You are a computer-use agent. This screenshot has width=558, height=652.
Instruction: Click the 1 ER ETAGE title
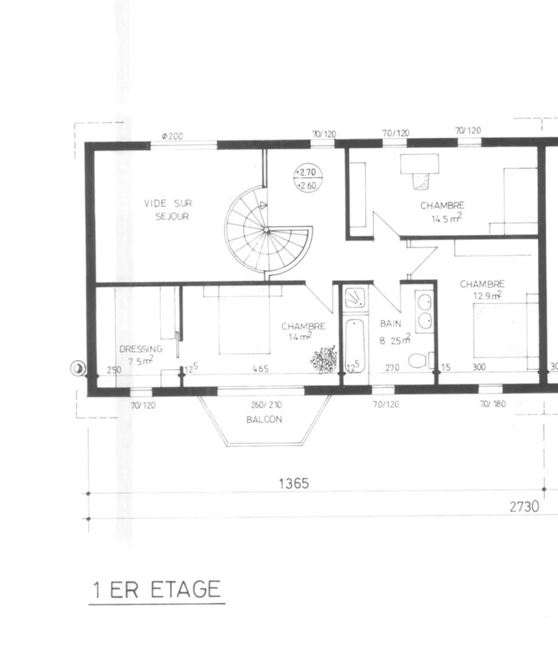[x=157, y=590]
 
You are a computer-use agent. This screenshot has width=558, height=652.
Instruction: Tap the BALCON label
[x=264, y=420]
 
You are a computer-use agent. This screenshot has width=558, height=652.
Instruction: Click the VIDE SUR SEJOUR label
[x=168, y=210]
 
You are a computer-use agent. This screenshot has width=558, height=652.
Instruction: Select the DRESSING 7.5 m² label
[x=141, y=355]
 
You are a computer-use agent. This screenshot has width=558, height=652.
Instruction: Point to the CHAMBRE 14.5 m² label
[x=443, y=212]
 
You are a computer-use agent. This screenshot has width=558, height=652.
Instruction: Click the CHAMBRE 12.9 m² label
[x=483, y=290]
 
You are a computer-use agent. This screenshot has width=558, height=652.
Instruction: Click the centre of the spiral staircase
[x=266, y=230]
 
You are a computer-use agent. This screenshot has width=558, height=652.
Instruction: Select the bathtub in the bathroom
[x=355, y=345]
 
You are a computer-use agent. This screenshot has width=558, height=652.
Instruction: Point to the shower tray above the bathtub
[x=355, y=298]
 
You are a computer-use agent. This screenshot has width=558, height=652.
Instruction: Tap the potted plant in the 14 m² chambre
[x=324, y=360]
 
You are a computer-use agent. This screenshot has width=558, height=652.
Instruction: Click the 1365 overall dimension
[x=294, y=484]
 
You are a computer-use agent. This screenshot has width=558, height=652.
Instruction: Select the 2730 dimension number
[x=524, y=506]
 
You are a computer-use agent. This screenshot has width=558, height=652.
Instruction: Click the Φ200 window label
[x=172, y=136]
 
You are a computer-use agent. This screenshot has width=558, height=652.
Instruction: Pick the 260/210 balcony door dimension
[x=267, y=405]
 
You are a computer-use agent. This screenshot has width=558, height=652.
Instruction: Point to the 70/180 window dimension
[x=493, y=404]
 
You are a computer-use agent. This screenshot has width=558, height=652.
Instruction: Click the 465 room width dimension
[x=260, y=369]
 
